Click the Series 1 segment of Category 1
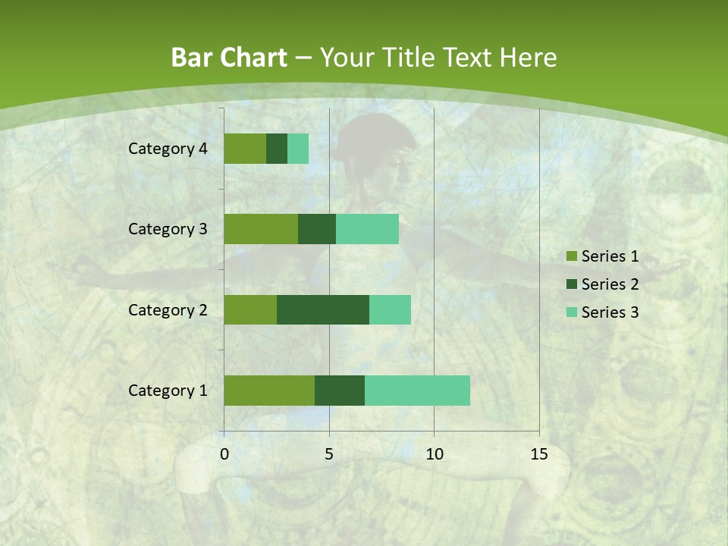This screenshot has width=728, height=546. [269, 391]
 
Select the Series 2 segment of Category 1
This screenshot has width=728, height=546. [340, 391]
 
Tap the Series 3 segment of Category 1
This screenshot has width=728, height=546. [417, 391]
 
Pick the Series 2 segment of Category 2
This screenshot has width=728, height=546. [323, 309]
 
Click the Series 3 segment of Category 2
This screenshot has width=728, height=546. [390, 309]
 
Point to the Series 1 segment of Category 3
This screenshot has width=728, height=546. [261, 229]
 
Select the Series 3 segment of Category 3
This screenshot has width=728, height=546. [367, 229]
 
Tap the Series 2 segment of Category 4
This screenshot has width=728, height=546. [277, 149]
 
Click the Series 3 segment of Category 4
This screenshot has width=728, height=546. [298, 149]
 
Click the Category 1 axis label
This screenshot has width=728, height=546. [168, 391]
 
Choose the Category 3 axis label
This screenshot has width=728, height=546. [168, 229]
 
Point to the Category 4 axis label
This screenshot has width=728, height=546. [168, 149]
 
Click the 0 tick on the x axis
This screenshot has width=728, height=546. [224, 454]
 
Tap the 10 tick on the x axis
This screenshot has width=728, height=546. [434, 454]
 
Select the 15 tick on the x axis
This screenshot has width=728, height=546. [538, 454]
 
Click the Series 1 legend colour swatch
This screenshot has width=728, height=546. [571, 256]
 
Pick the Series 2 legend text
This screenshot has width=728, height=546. [610, 284]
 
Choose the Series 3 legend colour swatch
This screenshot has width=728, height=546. [571, 312]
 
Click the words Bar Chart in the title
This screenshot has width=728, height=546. [229, 57]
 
